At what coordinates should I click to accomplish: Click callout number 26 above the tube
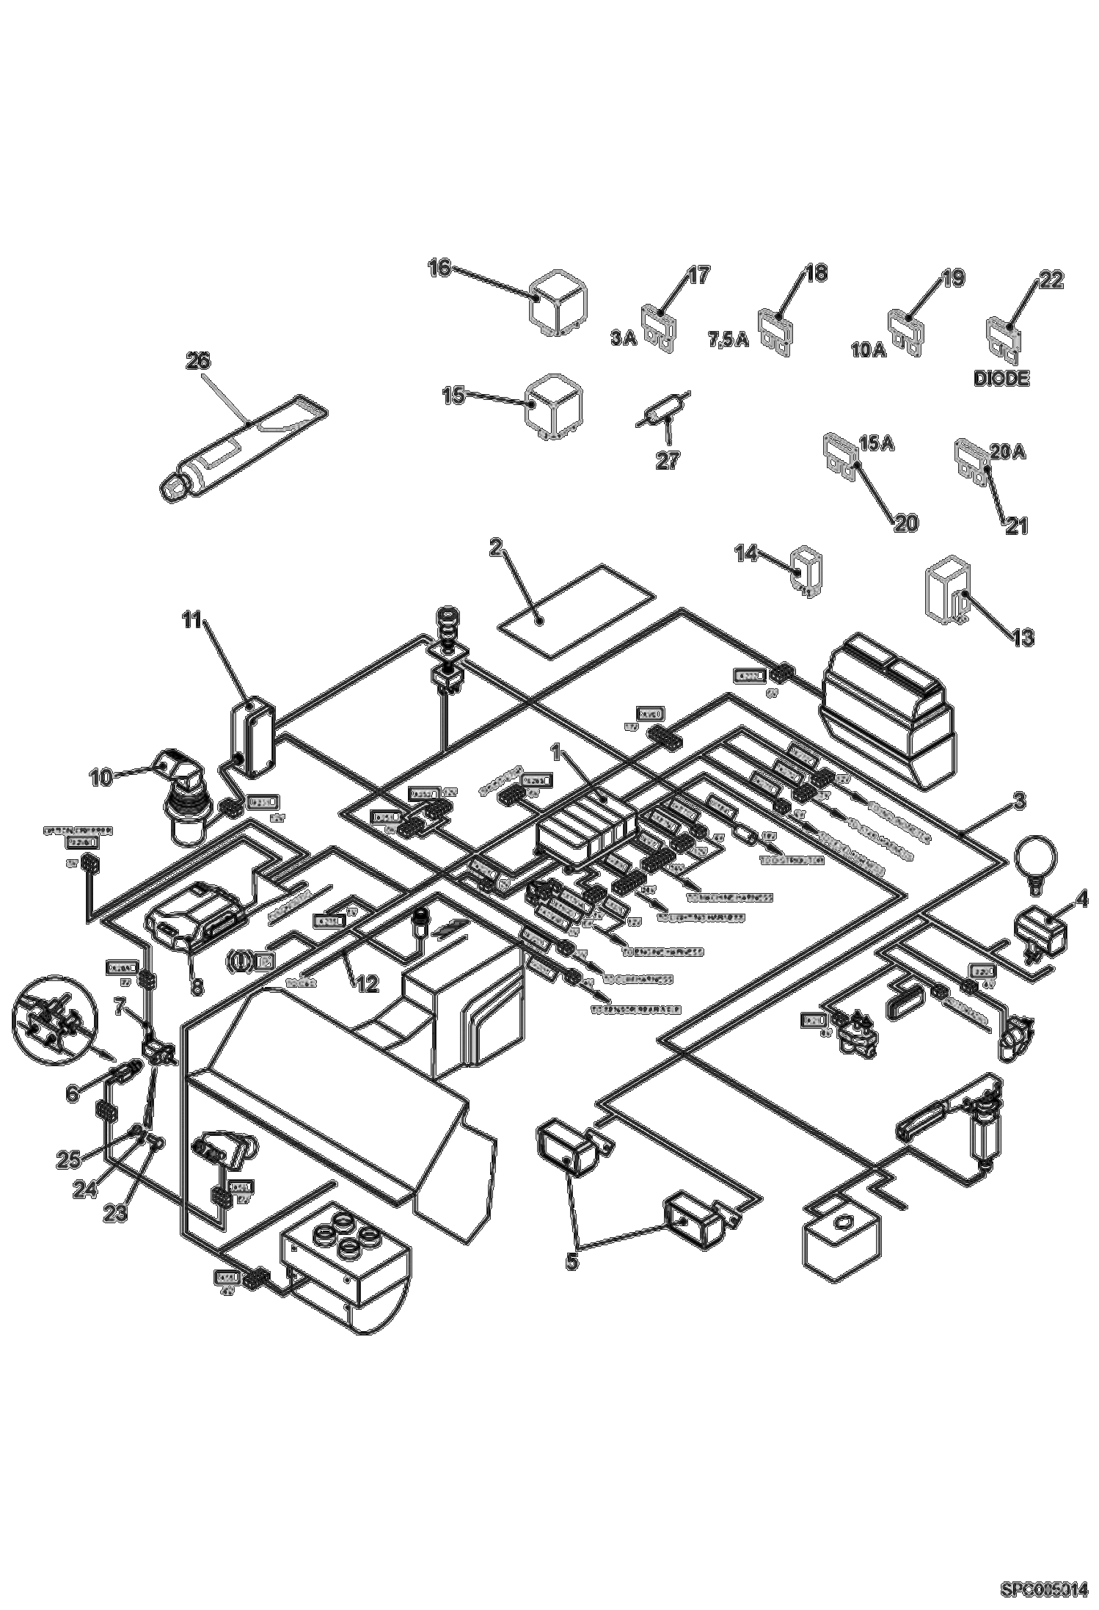pyautogui.click(x=197, y=361)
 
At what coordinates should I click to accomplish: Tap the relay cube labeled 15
pyautogui.click(x=553, y=409)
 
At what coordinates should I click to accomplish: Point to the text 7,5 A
pyautogui.click(x=728, y=340)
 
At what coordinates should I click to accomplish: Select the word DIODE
pyautogui.click(x=1001, y=379)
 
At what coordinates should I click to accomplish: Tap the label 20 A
pyautogui.click(x=1008, y=454)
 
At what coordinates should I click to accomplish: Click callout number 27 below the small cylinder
pyautogui.click(x=668, y=460)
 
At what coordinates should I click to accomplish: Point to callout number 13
pyautogui.click(x=1022, y=637)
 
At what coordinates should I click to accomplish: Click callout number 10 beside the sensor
pyautogui.click(x=102, y=776)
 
